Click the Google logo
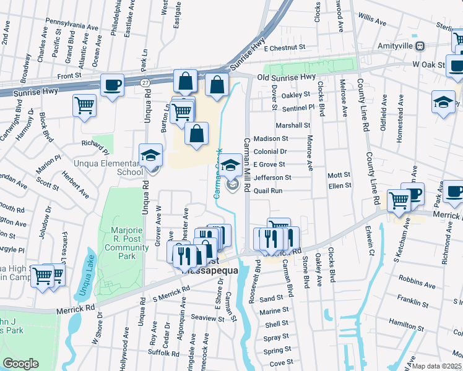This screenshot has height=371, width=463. click(20, 364)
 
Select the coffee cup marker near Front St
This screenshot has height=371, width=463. click(112, 85)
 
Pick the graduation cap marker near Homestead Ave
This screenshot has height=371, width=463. click(443, 102)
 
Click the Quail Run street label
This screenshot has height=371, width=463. click(267, 191)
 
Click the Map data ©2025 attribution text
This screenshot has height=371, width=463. click(437, 366)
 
